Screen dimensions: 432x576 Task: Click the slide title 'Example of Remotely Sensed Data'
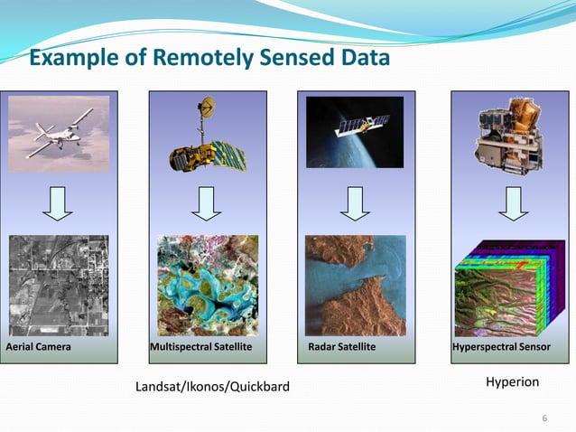209,59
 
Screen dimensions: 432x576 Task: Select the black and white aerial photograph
59,285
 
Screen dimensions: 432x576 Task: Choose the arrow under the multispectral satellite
208,203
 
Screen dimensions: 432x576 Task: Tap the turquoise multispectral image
208,285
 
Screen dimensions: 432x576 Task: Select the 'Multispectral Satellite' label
201,347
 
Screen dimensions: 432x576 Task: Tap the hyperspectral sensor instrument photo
511,136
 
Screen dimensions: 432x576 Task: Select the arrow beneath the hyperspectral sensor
513,203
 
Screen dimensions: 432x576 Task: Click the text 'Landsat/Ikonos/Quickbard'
212,388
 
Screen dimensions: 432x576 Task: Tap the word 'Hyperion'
512,382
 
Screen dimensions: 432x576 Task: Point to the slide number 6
544,417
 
